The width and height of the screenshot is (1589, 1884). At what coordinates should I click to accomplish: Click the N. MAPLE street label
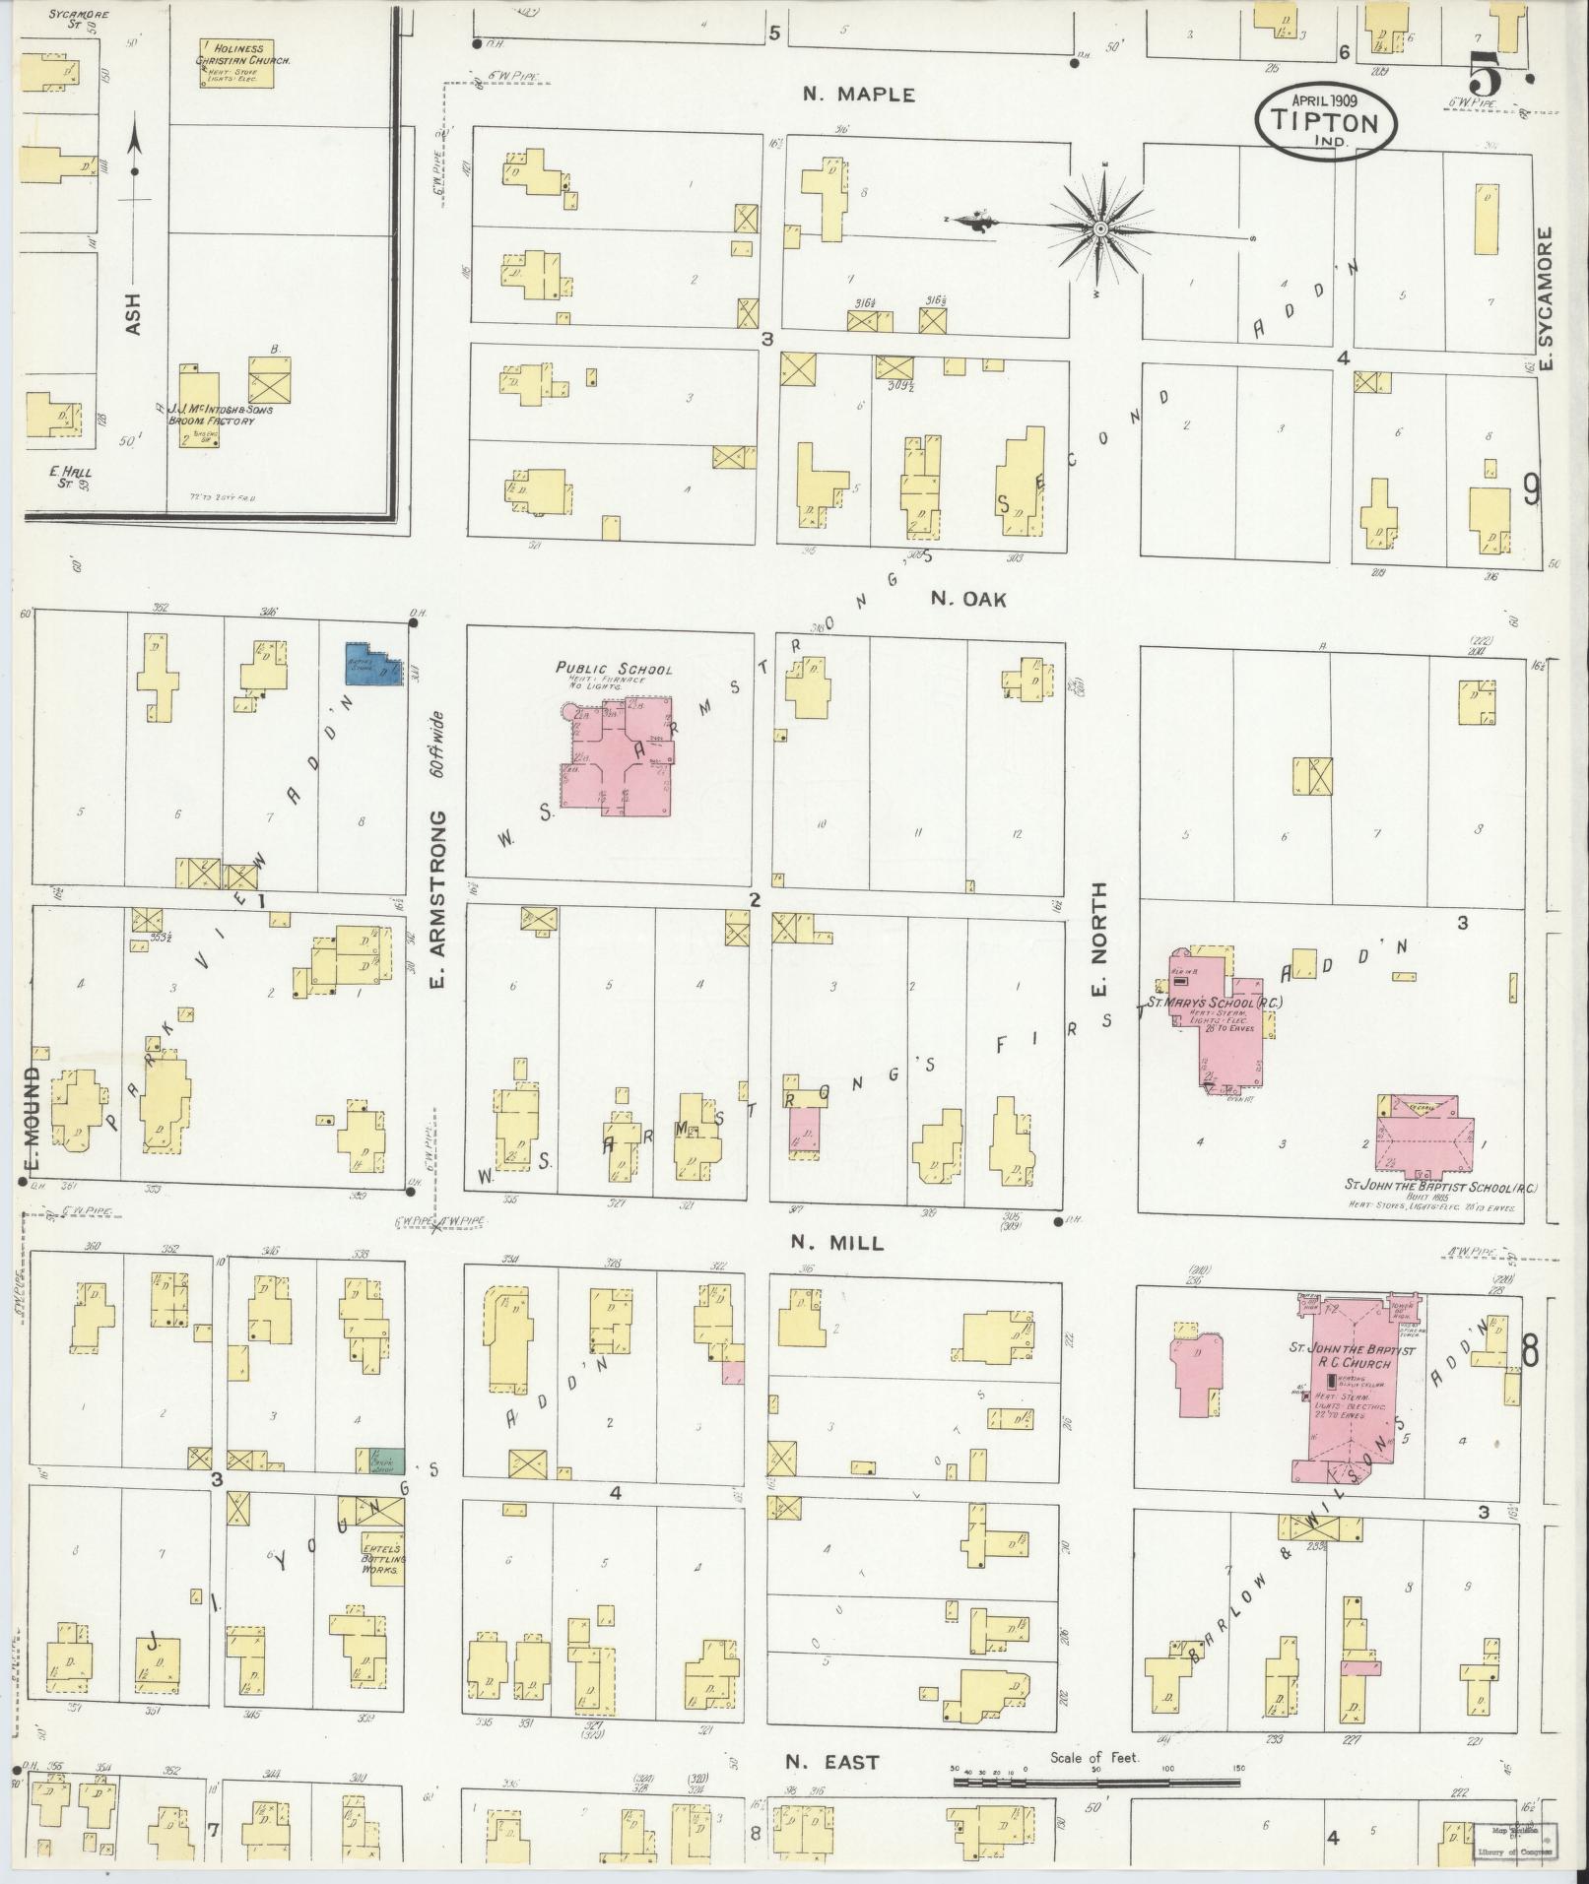(858, 95)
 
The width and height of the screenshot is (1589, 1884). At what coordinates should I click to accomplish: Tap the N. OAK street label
(968, 599)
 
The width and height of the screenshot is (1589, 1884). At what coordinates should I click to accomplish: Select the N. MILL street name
(837, 1244)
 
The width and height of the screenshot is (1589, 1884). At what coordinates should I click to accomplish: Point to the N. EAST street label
(832, 1762)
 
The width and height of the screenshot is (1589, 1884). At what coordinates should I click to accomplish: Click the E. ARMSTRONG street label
(439, 899)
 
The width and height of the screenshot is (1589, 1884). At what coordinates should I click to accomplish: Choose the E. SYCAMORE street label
(1546, 299)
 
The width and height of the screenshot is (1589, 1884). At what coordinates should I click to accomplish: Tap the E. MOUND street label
(33, 1120)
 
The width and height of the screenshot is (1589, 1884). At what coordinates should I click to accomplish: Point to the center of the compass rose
(1099, 229)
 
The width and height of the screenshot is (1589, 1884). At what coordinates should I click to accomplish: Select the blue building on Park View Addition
(370, 664)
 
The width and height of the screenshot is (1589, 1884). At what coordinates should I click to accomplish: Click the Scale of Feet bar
(1095, 1783)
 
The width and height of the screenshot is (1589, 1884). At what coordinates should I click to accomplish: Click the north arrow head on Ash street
(136, 145)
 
